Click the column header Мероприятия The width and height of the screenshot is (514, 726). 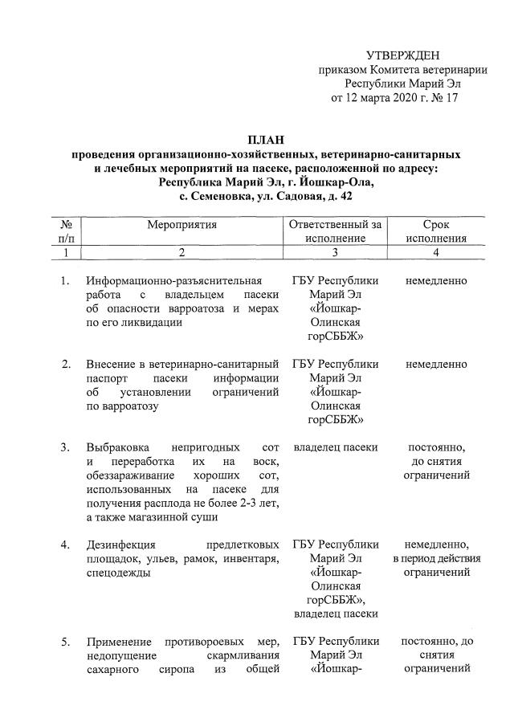[182, 225]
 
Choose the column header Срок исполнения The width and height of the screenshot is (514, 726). [436, 231]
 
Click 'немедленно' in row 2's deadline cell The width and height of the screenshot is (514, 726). [436, 364]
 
